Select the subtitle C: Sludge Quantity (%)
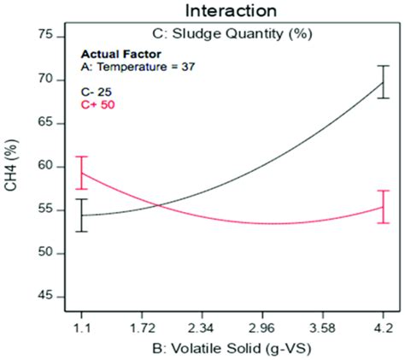(x=232, y=34)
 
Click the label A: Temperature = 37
(x=138, y=67)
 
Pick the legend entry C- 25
(x=97, y=90)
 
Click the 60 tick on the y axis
(x=45, y=167)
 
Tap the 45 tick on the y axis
(x=45, y=297)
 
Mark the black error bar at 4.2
(x=383, y=82)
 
